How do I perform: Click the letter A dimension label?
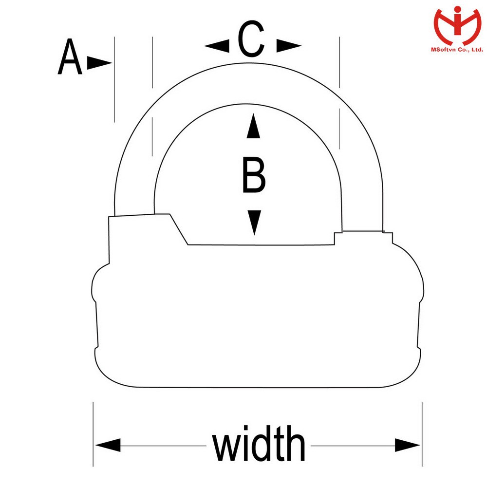[70, 58]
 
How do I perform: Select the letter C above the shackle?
[251, 40]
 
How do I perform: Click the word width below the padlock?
[259, 445]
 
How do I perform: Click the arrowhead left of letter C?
[217, 46]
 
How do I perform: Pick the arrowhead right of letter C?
[289, 46]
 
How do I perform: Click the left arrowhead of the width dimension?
[108, 445]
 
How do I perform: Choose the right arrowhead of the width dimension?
[407, 445]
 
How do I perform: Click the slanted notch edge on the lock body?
[179, 229]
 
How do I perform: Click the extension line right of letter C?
[339, 63]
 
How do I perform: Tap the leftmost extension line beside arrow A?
[114, 78]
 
